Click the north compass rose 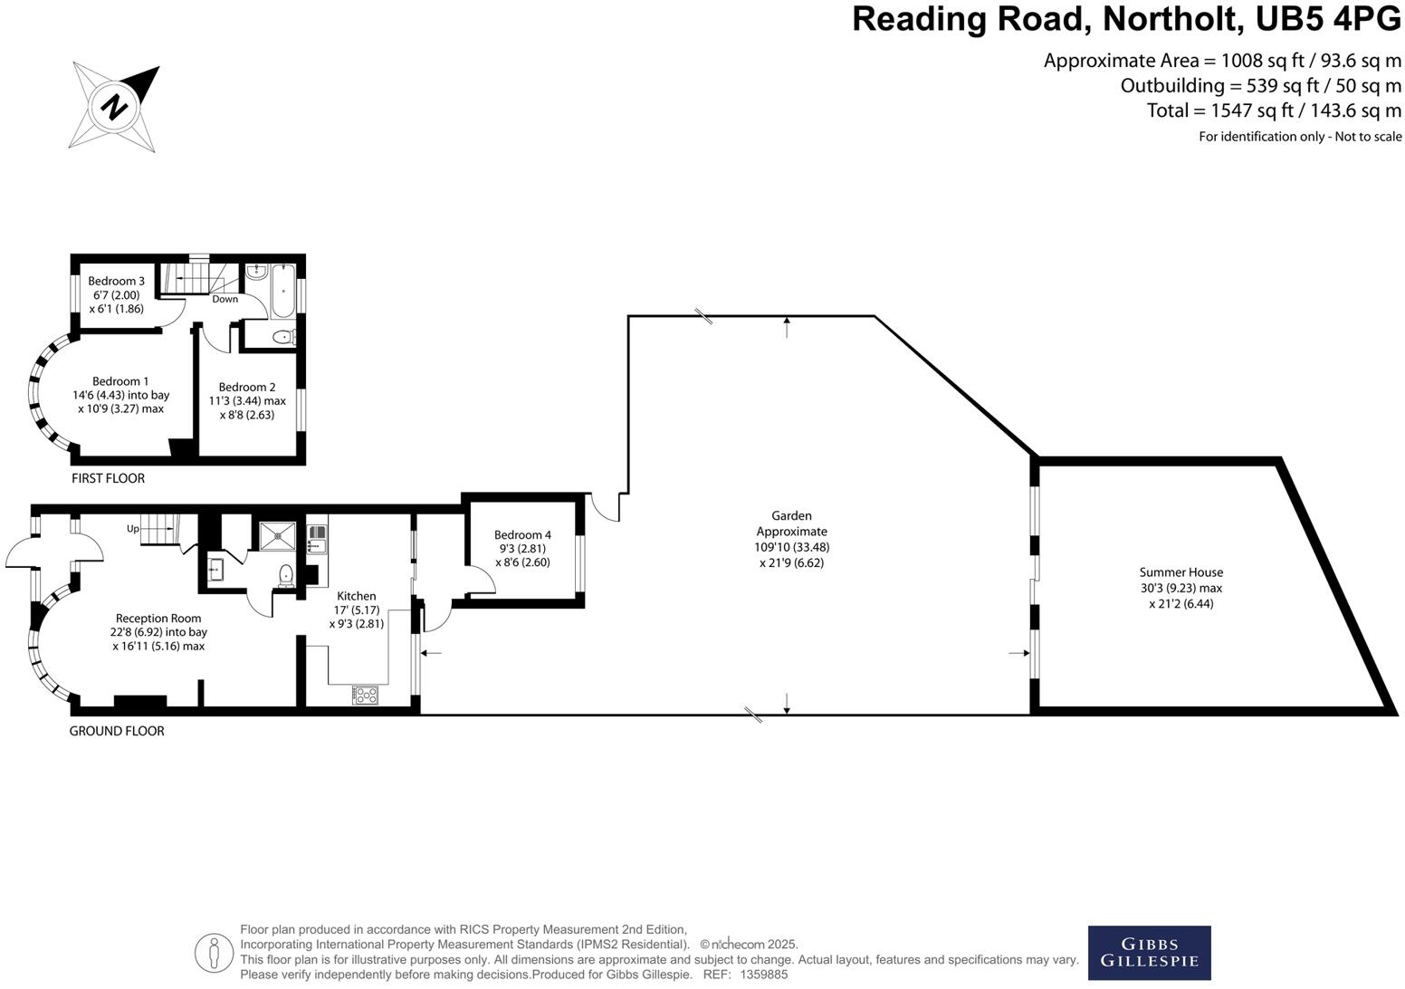tap(114, 107)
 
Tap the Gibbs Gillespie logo tap(1149, 953)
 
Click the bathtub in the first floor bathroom tap(282, 291)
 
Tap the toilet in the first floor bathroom tap(283, 338)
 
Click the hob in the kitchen tap(365, 696)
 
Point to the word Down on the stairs tap(225, 299)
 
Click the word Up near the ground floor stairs tap(132, 529)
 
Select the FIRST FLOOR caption tap(108, 478)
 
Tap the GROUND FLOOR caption tap(117, 731)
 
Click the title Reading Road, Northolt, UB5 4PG tap(1126, 20)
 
